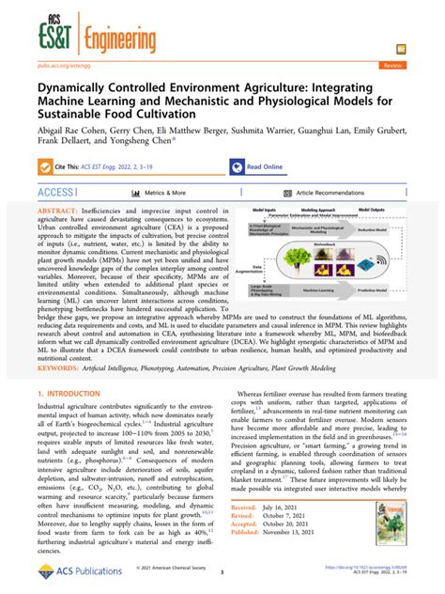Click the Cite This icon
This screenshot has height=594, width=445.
tap(46, 166)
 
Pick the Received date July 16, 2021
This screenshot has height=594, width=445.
tap(306, 505)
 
